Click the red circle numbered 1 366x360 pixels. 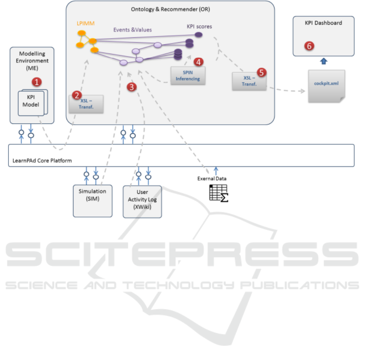coord(37,82)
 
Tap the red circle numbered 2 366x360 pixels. coord(76,95)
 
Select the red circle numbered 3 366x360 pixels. coord(131,87)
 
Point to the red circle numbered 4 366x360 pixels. coord(198,62)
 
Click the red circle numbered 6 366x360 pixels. coord(309,46)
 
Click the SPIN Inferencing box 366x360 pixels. coord(188,76)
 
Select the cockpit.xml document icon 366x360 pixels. coord(326,86)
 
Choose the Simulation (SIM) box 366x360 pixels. coord(93,201)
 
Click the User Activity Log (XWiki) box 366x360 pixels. coord(142,202)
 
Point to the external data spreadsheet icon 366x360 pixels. coord(218,192)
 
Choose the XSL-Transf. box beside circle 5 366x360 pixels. coord(249,81)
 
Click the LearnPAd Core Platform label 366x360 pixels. coord(40,160)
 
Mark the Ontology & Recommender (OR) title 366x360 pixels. coord(170,9)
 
